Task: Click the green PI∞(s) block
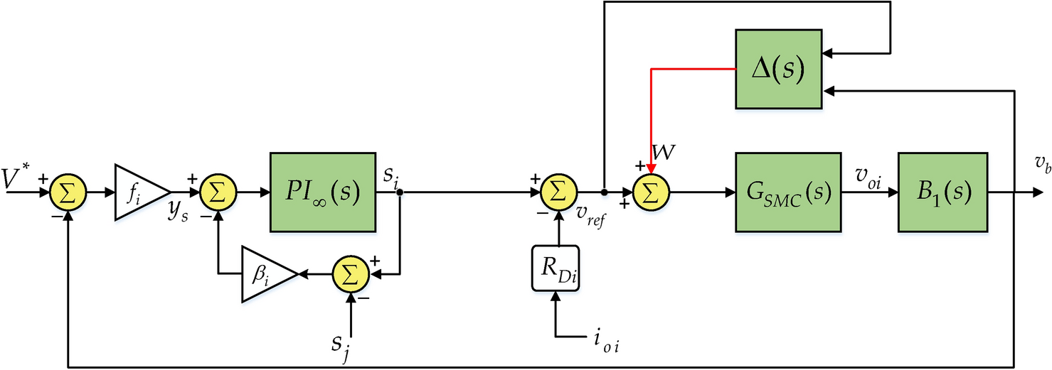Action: [x=322, y=192]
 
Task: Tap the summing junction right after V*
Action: [x=68, y=192]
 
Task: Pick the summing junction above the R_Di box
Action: [x=558, y=192]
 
